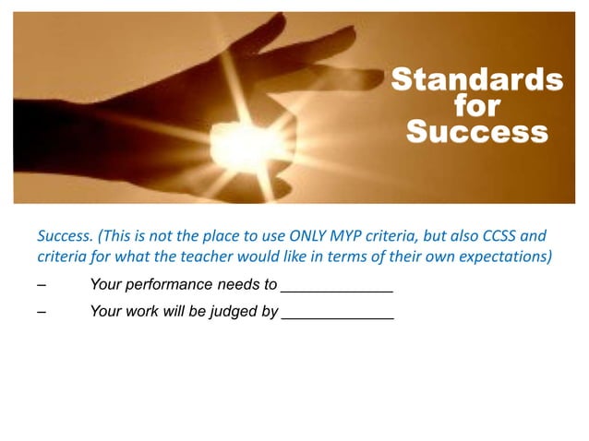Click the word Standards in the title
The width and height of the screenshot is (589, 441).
476,79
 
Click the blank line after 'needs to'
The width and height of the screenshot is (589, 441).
337,288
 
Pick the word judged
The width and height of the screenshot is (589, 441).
214,312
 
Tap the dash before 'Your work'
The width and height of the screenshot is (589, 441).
42,312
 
